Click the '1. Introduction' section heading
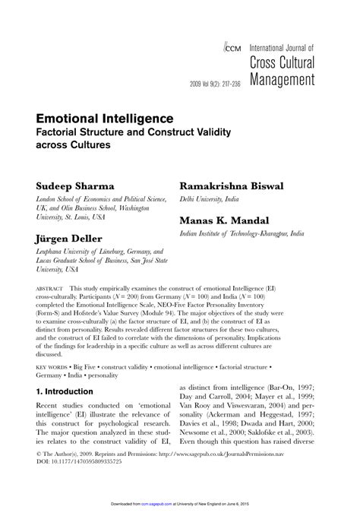click(65, 391)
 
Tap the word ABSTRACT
click(49, 291)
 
